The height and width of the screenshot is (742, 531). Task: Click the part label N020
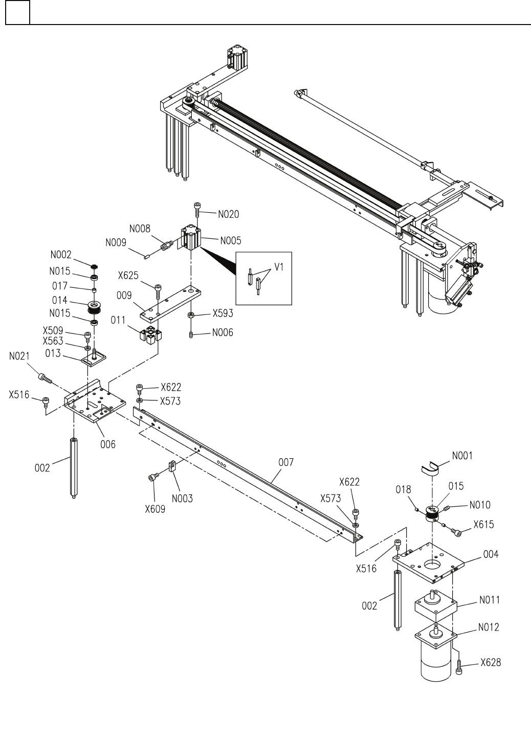pyautogui.click(x=228, y=214)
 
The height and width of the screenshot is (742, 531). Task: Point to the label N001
pyautogui.click(x=462, y=455)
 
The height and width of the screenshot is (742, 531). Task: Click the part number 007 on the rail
pyautogui.click(x=286, y=462)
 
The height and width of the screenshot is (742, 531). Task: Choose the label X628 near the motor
pyautogui.click(x=491, y=663)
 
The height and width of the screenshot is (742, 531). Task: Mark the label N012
pyautogui.click(x=489, y=627)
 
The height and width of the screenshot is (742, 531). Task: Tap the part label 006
pyautogui.click(x=107, y=444)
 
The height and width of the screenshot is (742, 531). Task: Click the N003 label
pyautogui.click(x=183, y=498)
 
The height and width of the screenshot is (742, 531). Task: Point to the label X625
pyautogui.click(x=128, y=276)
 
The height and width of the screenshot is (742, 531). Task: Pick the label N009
pyautogui.click(x=116, y=242)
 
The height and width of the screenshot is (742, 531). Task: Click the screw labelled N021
pyautogui.click(x=45, y=378)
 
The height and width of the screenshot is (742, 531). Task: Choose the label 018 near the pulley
pyautogui.click(x=403, y=489)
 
